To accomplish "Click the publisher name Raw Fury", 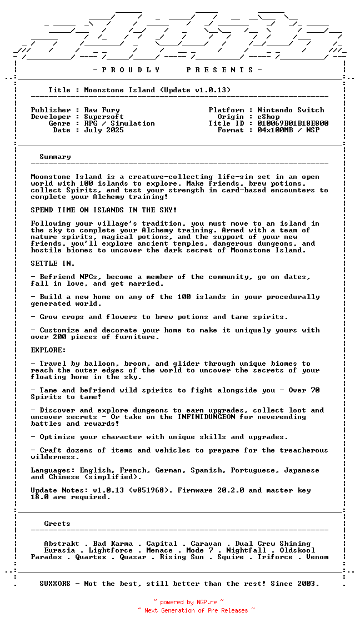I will coord(102,110).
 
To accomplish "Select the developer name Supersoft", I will coord(104,117).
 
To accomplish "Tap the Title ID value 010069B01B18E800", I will coord(293,123).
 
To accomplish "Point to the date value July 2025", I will coord(104,130).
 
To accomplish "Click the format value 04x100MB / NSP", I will coord(288,130).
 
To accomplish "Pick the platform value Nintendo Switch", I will coord(291,110).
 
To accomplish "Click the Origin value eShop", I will coord(268,117).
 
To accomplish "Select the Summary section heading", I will coord(55,157).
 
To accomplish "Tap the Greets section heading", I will coord(57,524).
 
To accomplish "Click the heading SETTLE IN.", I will coord(53,263).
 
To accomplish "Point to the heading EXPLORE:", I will coord(48,350).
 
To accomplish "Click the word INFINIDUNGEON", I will coord(206,417).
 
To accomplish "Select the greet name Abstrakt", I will coord(62,544).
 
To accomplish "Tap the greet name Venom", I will coord(317,557).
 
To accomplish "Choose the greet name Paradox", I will coord(46,557).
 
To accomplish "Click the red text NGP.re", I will coord(206,602).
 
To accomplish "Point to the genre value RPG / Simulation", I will coord(119,123).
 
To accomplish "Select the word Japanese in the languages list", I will coord(302,470).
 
